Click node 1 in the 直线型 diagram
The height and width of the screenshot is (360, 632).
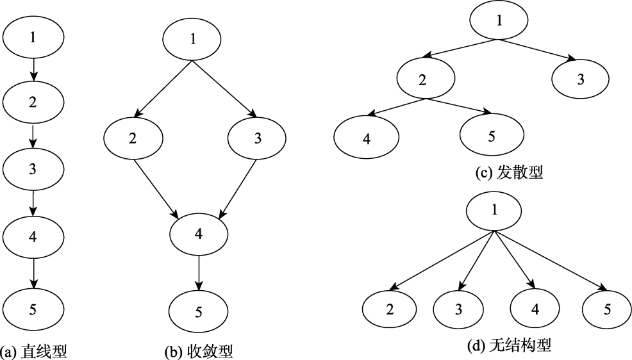point(33,37)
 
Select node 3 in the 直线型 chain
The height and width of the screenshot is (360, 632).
point(33,169)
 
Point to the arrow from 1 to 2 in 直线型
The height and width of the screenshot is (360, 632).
point(33,70)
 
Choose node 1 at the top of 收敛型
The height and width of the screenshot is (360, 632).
point(193,39)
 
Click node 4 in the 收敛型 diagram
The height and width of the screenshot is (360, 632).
point(198,234)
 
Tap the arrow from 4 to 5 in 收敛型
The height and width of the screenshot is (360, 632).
point(198,272)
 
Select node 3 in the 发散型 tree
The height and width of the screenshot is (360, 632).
point(580,80)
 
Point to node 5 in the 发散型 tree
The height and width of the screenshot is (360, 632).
point(492,136)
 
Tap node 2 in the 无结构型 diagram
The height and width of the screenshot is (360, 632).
point(390,309)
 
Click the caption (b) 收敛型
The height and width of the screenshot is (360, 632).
point(198,351)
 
